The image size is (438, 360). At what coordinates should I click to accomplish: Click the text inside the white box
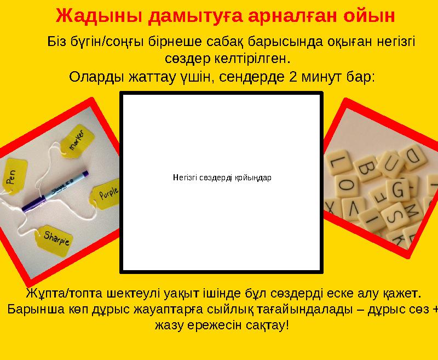tap(221, 178)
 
